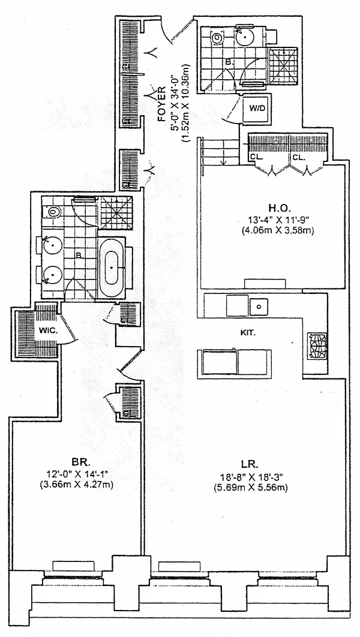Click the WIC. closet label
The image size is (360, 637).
(48, 330)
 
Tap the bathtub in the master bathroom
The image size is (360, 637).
(112, 268)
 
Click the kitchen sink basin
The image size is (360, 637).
(259, 306)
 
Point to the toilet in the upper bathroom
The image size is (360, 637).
(217, 38)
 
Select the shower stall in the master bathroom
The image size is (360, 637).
(114, 212)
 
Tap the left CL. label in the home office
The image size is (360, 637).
(256, 157)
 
